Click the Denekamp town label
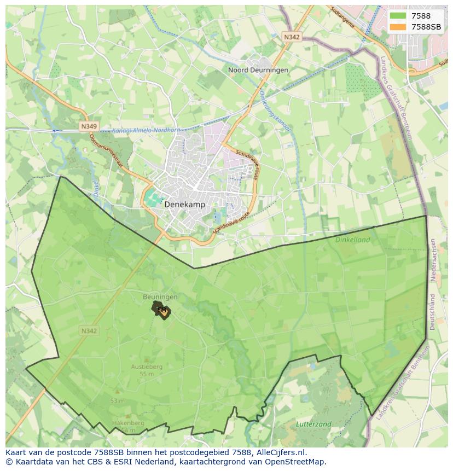point(184,205)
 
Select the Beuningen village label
point(160,297)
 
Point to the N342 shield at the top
point(292,37)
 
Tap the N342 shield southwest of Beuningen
point(89,331)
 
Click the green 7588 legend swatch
point(398,16)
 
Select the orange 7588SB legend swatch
point(398,27)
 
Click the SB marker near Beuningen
point(162,311)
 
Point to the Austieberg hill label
point(147,367)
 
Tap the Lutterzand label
point(313,424)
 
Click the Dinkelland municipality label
point(353,240)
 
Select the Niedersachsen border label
point(433,260)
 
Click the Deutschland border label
point(432,312)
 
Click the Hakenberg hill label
point(127,423)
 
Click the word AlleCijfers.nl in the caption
point(278,452)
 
